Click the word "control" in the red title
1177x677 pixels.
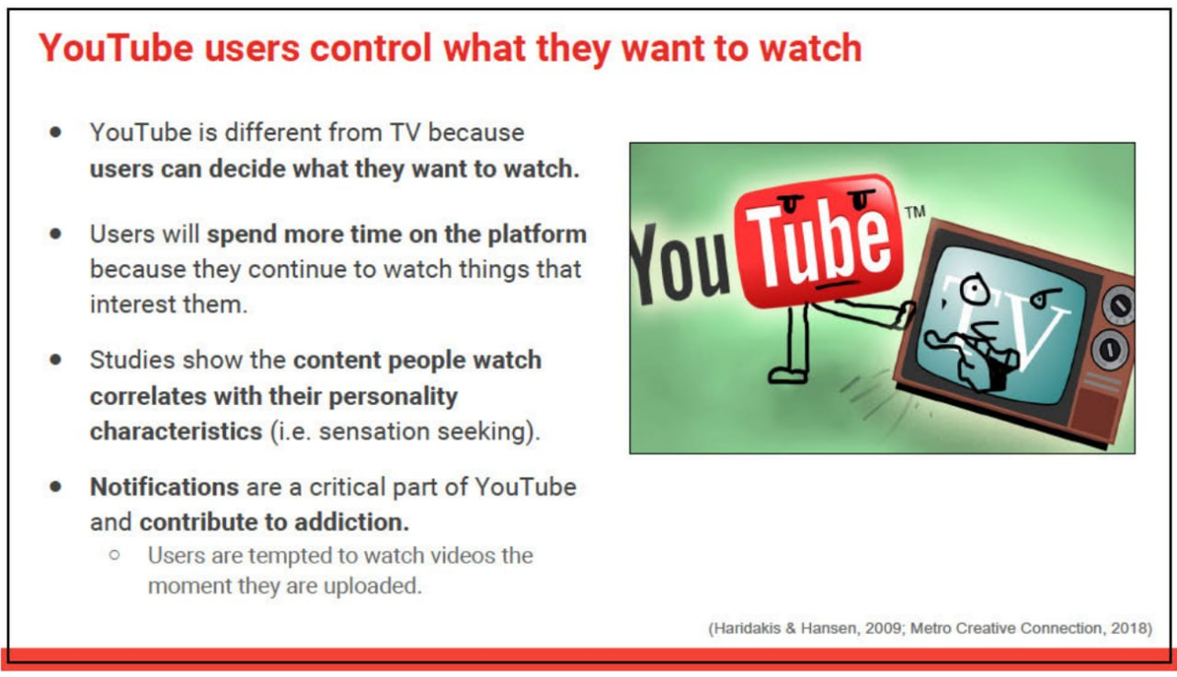371,49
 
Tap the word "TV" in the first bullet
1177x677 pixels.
405,132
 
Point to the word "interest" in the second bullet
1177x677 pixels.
134,304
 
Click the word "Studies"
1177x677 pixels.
132,360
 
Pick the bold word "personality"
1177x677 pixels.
393,396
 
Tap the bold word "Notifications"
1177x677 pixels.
165,487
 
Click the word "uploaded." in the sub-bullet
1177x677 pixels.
372,586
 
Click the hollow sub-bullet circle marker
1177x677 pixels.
115,555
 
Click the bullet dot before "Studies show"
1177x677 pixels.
56,360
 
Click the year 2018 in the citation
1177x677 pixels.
1128,628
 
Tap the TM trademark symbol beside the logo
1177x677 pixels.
915,212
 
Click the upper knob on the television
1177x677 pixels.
1118,304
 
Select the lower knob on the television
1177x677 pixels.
1109,349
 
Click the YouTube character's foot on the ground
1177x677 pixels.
788,375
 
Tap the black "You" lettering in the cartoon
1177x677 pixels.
679,264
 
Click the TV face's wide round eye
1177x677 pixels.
976,289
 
